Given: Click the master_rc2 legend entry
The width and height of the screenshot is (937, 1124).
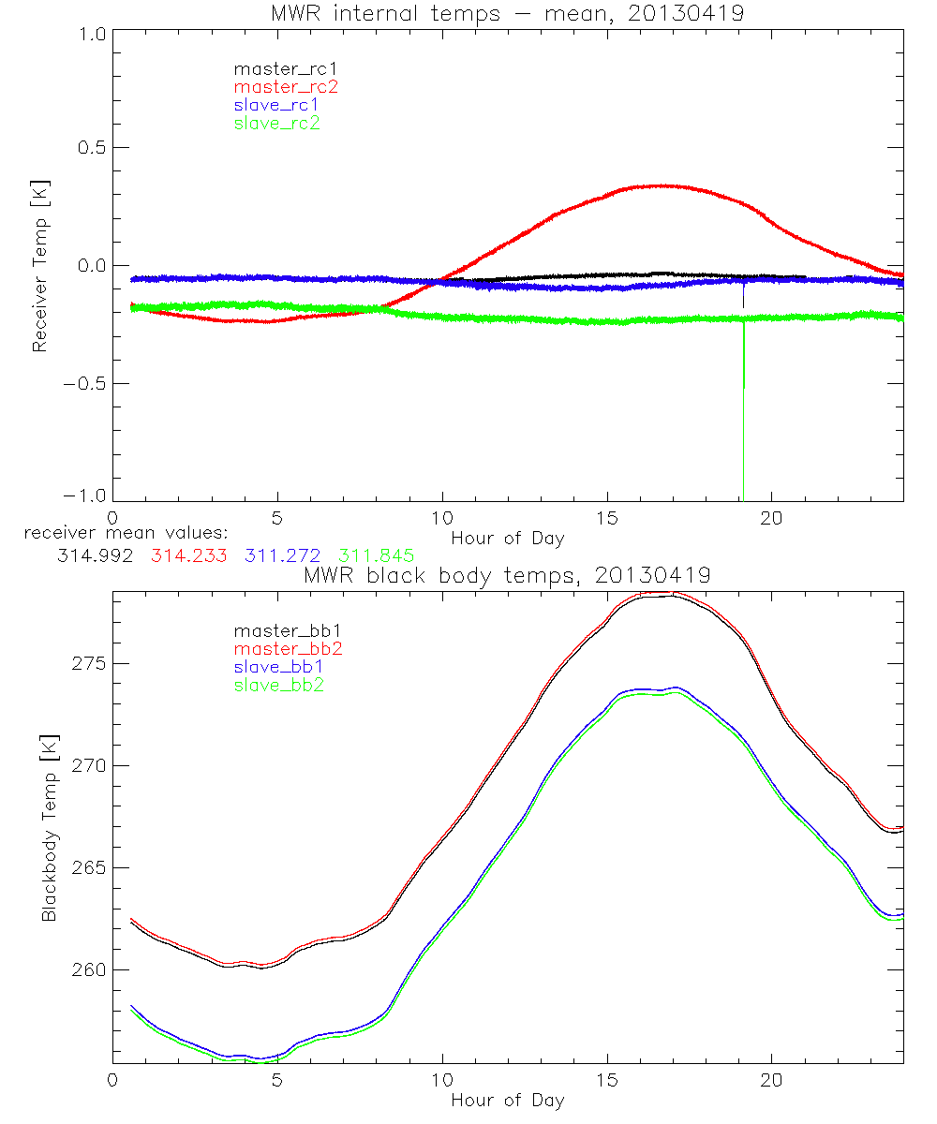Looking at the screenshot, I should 285,86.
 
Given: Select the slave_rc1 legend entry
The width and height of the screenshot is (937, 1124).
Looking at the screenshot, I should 276,105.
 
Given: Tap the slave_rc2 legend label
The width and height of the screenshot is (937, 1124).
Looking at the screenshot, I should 276,123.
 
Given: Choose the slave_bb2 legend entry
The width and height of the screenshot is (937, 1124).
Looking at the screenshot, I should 280,686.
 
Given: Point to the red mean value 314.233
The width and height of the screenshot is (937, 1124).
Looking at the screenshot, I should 191,555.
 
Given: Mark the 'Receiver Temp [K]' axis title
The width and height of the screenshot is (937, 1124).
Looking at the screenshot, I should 39,265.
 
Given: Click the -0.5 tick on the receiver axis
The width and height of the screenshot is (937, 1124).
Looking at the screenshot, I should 83,383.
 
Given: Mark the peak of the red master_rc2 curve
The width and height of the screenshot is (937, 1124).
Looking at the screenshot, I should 662,185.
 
